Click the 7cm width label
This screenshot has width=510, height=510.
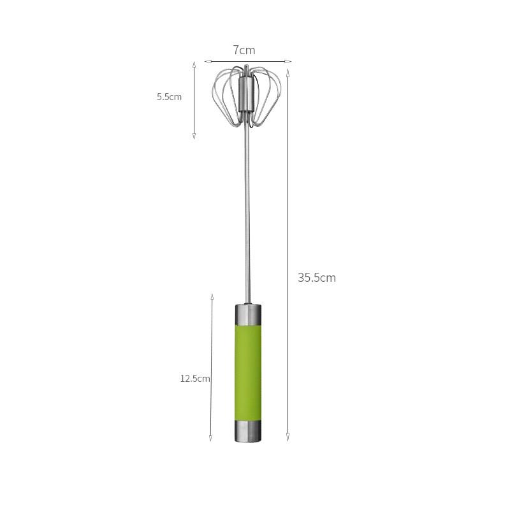point(244,50)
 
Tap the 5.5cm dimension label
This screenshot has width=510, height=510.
point(170,97)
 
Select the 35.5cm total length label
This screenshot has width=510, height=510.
point(316,277)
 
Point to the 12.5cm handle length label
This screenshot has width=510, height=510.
point(195,378)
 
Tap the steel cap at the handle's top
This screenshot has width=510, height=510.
point(247,313)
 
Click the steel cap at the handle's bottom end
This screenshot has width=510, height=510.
point(247,431)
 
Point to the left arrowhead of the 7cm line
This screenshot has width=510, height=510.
point(207,62)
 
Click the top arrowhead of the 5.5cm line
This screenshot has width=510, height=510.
point(194,65)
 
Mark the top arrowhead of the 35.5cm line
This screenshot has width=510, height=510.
point(288,72)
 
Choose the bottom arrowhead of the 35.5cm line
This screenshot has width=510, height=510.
point(288,438)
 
